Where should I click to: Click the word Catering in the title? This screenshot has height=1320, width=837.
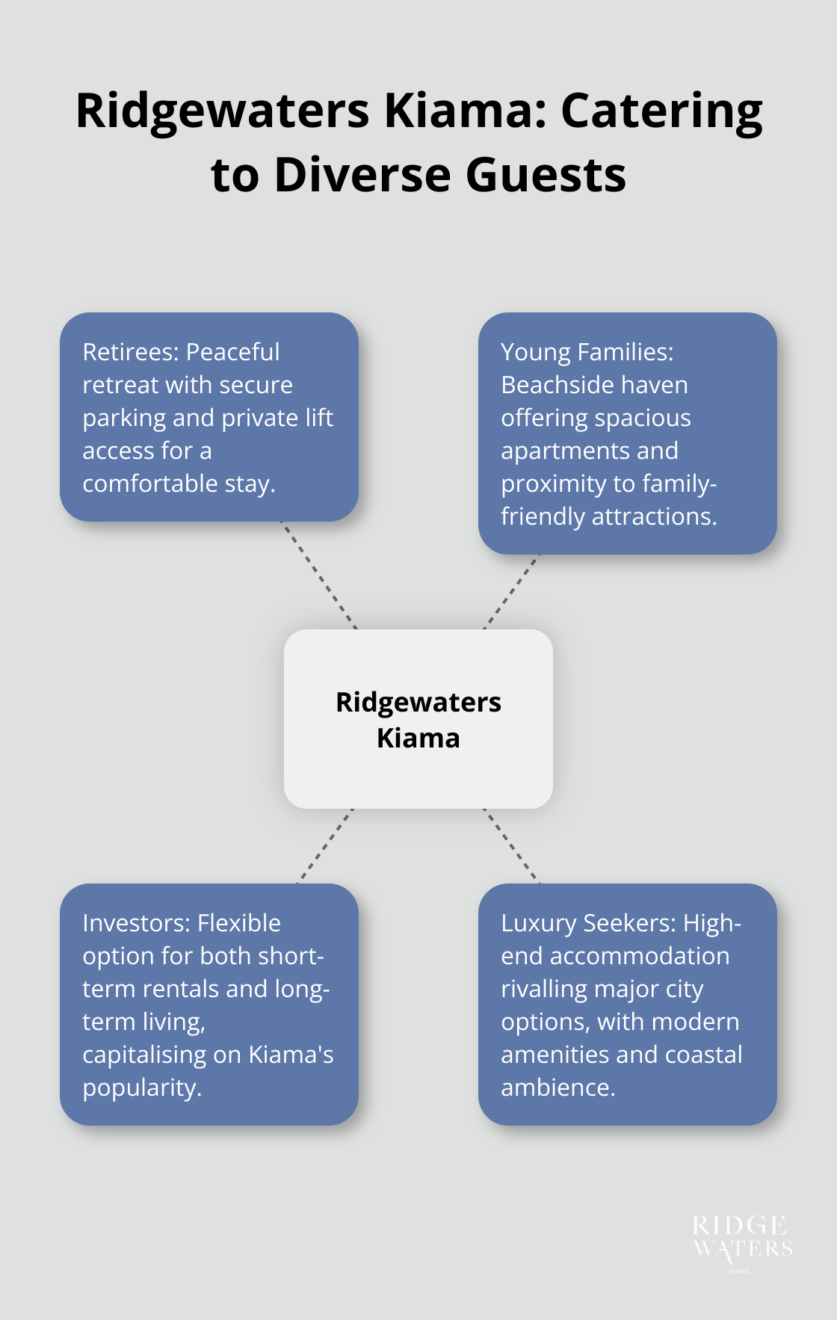pyautogui.click(x=661, y=112)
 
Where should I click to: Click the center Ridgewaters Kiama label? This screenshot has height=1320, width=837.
pyautogui.click(x=418, y=720)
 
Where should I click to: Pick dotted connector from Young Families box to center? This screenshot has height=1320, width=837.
pyautogui.click(x=511, y=592)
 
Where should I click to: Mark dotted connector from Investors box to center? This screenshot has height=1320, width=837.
pyautogui.click(x=326, y=845)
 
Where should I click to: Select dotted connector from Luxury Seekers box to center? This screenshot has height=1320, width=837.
pyautogui.click(x=511, y=845)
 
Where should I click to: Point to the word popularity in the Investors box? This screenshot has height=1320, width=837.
pyautogui.click(x=141, y=1088)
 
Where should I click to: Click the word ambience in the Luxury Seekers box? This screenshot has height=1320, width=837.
pyautogui.click(x=557, y=1088)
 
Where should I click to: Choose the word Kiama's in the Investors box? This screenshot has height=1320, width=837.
pyautogui.click(x=291, y=1055)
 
